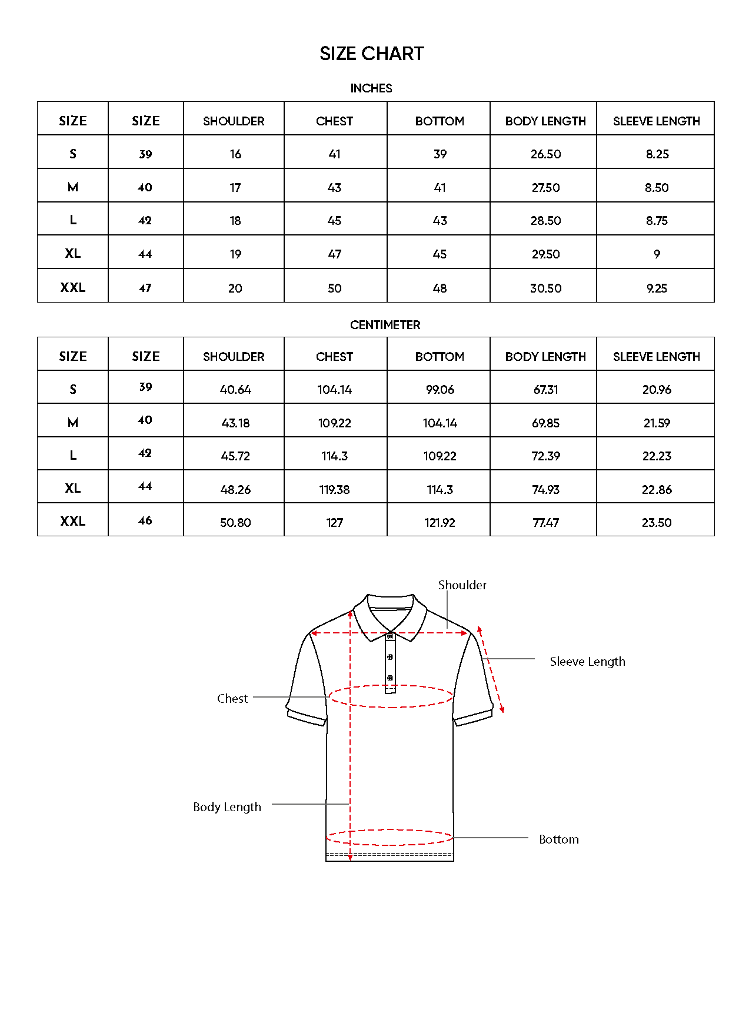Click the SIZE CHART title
coord(371,54)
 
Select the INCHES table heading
coord(371,88)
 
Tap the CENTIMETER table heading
coord(385,325)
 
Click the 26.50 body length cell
coord(545,154)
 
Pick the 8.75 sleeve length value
coord(657,221)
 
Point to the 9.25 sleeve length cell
coord(657,288)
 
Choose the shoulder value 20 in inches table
coord(235,288)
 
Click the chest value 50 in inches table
coord(334,288)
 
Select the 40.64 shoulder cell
coord(235,390)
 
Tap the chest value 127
coord(334,523)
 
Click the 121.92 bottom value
coord(440,523)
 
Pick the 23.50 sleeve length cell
coord(657,523)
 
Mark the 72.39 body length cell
coord(545,456)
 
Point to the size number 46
coord(145,521)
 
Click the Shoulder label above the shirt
coord(462,585)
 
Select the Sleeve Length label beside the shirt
coord(587,662)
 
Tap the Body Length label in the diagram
coord(227,807)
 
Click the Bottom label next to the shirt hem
coord(558,839)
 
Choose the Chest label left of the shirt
coord(232,699)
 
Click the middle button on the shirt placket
coord(390,657)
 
